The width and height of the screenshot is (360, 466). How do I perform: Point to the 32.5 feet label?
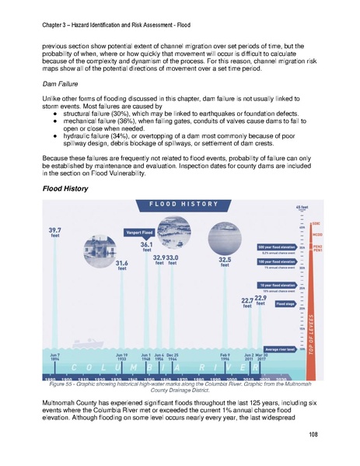(x=225, y=262)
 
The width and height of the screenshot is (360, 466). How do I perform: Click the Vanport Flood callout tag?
(x=139, y=232)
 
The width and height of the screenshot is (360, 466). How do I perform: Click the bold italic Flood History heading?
(x=65, y=189)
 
